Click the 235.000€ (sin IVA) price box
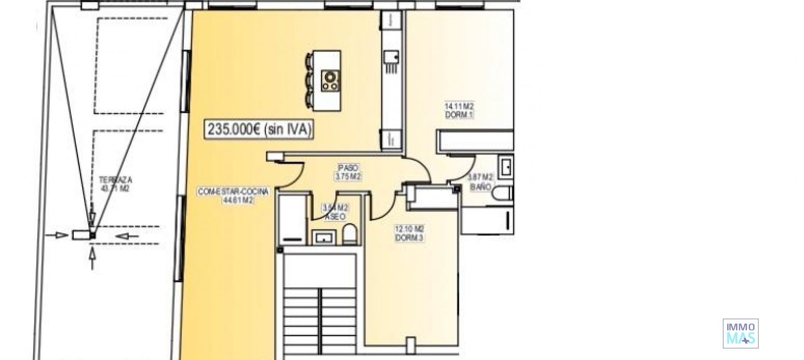pyautogui.click(x=259, y=129)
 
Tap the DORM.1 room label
pyautogui.click(x=459, y=111)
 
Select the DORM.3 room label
pyautogui.click(x=410, y=234)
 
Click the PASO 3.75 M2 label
pyautogui.click(x=348, y=172)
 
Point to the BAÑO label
pyautogui.click(x=480, y=183)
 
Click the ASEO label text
pyautogui.click(x=335, y=212)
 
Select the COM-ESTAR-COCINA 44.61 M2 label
pyautogui.click(x=233, y=196)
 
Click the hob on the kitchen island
pyautogui.click(x=330, y=81)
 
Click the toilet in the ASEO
pyautogui.click(x=350, y=234)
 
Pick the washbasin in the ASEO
pyautogui.click(x=324, y=237)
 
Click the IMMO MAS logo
pyautogui.click(x=740, y=333)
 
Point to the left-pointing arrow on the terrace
pyautogui.click(x=127, y=237)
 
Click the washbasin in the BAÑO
pyautogui.click(x=506, y=167)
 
